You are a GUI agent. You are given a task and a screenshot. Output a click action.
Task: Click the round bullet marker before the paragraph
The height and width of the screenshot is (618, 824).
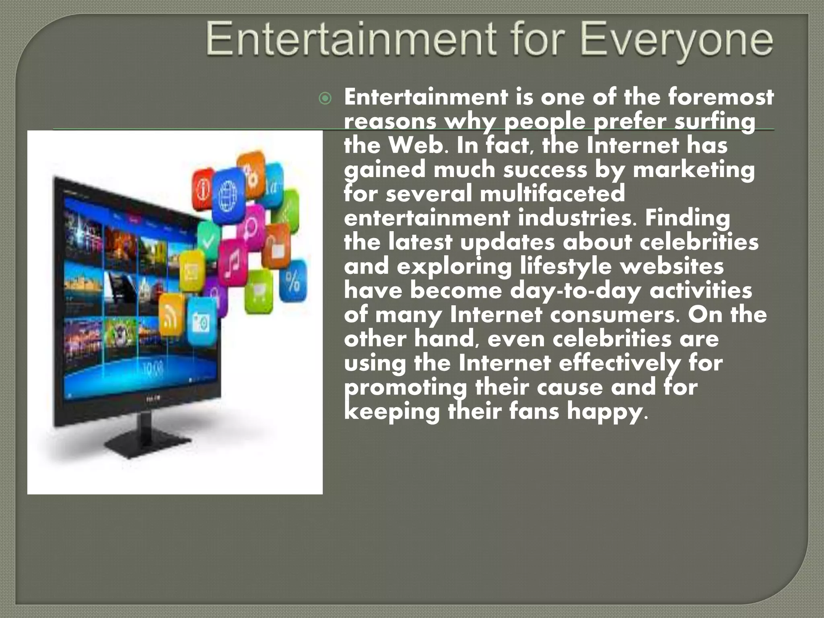pyautogui.click(x=325, y=99)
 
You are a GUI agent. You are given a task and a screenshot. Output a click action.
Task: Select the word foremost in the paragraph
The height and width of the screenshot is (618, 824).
pyautogui.click(x=721, y=97)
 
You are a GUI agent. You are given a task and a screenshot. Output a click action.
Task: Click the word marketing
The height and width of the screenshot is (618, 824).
pyautogui.click(x=694, y=170)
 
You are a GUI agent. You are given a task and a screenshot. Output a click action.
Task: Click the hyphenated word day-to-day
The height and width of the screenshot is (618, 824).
pyautogui.click(x=575, y=290)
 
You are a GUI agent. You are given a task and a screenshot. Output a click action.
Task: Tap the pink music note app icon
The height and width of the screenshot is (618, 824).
pyautogui.click(x=233, y=262)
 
